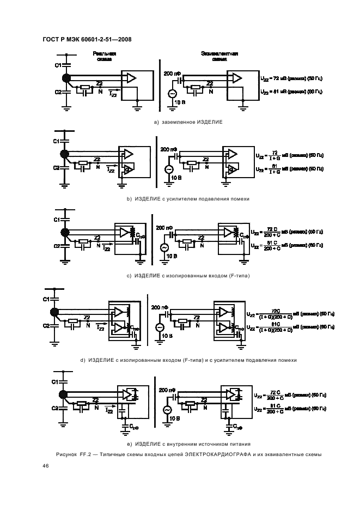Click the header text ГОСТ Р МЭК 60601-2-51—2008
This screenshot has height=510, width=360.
point(87,39)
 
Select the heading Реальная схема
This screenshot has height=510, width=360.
point(104,57)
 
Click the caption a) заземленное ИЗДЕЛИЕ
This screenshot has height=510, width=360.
point(189,122)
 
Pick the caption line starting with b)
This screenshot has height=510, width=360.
point(188,199)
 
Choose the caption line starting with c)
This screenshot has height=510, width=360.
point(188,276)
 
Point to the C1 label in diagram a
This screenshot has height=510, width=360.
point(58,65)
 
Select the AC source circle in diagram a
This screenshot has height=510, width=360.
point(172,94)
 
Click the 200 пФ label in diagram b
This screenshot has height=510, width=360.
point(168,148)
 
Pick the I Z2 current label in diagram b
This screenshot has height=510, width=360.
point(110,171)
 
